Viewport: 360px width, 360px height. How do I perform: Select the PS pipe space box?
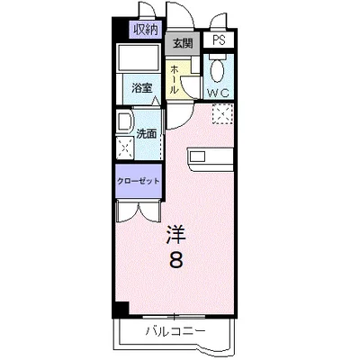click(x=219, y=40)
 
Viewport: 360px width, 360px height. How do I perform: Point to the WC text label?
click(x=218, y=93)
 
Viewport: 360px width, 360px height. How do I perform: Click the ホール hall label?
click(x=176, y=80)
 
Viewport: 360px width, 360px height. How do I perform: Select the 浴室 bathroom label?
click(x=143, y=89)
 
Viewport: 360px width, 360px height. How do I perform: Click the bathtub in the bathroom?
click(x=139, y=61)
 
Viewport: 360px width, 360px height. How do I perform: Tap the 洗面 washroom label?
click(x=147, y=133)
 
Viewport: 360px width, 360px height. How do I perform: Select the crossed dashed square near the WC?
click(x=222, y=114)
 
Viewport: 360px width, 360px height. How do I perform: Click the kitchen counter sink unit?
click(x=211, y=157)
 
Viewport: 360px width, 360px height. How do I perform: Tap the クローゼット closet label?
click(x=137, y=180)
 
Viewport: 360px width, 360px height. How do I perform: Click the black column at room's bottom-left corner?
click(x=122, y=310)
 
